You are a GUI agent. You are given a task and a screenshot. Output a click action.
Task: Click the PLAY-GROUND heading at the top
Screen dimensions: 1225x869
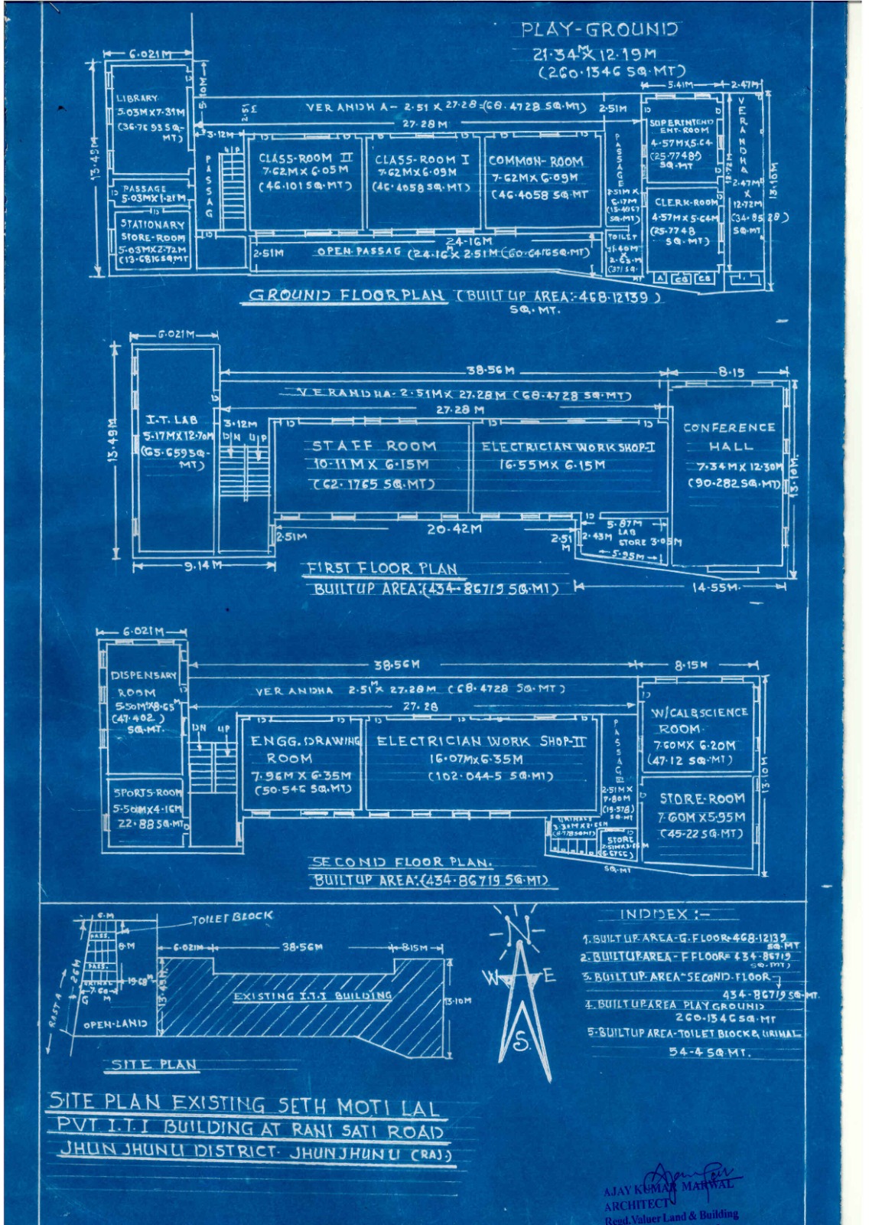599,30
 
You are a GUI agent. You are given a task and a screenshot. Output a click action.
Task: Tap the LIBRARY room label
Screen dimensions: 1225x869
138,99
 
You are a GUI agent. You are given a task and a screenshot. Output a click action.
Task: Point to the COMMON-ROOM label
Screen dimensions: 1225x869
535,162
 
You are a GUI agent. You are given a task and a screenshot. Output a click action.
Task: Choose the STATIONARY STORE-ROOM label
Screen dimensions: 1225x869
152,230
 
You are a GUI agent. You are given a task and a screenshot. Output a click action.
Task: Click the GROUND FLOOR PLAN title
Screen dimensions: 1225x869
347,296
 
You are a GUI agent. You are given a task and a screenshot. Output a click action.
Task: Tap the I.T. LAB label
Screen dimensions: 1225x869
172,420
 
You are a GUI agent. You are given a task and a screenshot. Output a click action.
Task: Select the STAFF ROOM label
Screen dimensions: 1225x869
374,446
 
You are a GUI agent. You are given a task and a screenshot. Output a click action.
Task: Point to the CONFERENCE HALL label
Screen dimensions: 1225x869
730,436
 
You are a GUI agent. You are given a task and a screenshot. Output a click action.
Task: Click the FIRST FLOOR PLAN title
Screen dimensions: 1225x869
382,568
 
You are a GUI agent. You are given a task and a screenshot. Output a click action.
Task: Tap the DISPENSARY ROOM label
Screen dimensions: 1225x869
143,684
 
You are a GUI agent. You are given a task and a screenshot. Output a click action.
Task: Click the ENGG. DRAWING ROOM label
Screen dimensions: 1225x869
304,749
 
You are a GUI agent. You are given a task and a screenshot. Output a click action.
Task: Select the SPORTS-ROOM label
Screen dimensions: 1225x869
148,793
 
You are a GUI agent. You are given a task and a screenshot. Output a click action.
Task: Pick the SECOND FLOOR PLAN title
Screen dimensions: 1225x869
402,861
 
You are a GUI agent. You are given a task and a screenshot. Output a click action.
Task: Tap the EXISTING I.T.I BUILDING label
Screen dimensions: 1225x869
313,996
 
